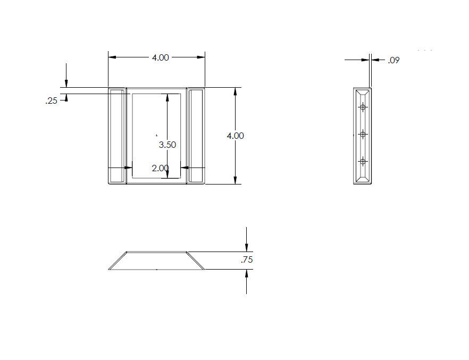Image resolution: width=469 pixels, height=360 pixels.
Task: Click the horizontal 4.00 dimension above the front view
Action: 161,57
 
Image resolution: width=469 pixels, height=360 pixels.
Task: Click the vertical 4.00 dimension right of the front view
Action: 236,136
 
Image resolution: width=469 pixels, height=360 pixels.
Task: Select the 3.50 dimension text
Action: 167,145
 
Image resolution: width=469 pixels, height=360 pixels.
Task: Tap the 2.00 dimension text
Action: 161,168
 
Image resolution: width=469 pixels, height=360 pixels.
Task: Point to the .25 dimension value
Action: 52,101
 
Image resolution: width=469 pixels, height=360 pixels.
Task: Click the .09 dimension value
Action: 393,61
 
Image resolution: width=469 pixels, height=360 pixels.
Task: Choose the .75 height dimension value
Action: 247,259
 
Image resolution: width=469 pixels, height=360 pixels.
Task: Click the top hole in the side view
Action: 363,107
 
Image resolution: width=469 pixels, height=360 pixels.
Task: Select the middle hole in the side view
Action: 363,135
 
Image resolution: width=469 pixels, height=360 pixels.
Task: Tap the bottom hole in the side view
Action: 363,162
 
